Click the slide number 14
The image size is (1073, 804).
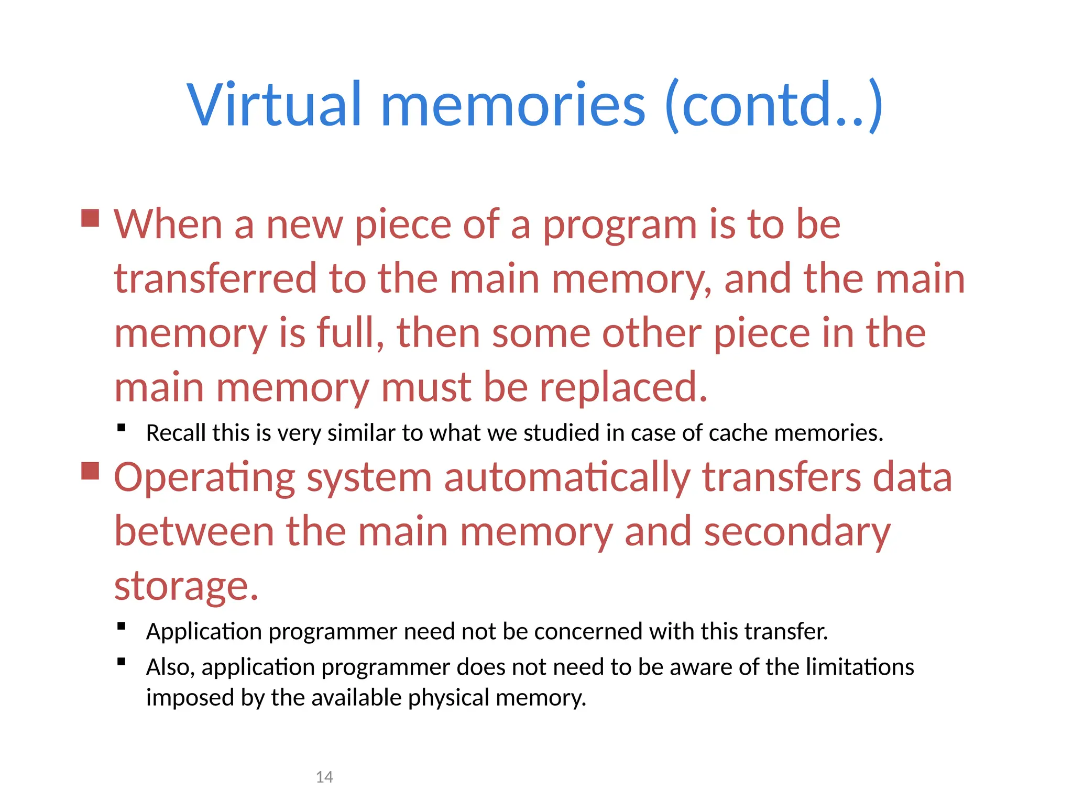coord(324,777)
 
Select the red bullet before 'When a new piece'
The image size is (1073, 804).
coord(91,218)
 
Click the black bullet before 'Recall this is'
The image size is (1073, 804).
coord(122,428)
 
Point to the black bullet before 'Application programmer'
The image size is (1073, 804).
coord(122,626)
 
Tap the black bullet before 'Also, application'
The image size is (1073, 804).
coord(122,662)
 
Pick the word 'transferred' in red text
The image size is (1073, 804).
coord(215,278)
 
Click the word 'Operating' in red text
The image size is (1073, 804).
coord(205,478)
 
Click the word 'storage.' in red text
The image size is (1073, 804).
coord(187,586)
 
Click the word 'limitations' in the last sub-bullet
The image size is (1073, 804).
coord(859,667)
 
